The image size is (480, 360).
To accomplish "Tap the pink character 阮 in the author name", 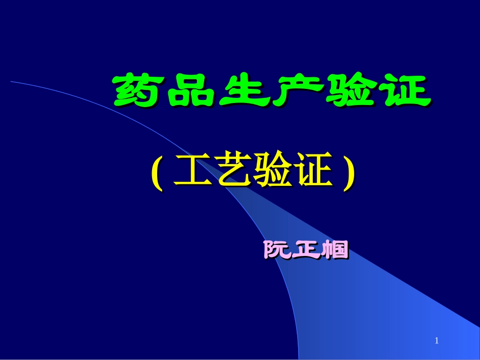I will (x=277, y=250).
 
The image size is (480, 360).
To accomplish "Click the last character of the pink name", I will (x=335, y=250).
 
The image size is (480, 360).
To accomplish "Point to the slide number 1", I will (x=437, y=342).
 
